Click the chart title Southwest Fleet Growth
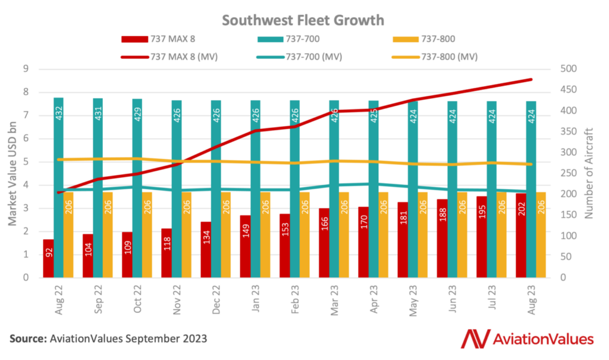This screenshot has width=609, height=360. coord(303,20)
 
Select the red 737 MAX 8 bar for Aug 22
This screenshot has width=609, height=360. coord(48,259)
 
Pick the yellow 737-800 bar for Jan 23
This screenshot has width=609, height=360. coord(265,234)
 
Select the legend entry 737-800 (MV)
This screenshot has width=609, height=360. coord(449,57)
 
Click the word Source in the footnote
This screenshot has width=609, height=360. coord(27,339)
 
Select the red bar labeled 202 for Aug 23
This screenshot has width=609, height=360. coord(521,243)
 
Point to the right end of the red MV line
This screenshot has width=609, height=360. coord(531,79)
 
